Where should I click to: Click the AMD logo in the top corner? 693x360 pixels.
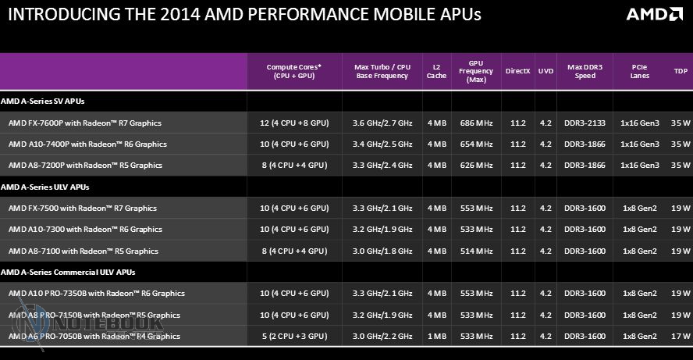pyautogui.click(x=655, y=14)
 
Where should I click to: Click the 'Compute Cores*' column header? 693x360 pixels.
pyautogui.click(x=293, y=71)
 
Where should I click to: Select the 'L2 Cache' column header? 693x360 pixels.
pyautogui.click(x=436, y=71)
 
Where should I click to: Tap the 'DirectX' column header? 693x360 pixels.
pyautogui.click(x=517, y=71)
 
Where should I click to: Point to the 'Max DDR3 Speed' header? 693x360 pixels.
pyautogui.click(x=585, y=71)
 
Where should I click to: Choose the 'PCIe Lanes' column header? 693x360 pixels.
pyautogui.click(x=639, y=71)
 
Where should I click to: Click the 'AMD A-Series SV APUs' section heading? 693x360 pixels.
pyautogui.click(x=43, y=102)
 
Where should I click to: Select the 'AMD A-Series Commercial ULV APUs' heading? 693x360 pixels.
pyautogui.click(x=68, y=272)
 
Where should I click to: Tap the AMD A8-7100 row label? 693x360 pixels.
pyautogui.click(x=83, y=251)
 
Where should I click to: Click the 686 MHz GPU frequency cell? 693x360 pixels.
pyautogui.click(x=477, y=123)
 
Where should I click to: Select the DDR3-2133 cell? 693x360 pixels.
pyautogui.click(x=585, y=123)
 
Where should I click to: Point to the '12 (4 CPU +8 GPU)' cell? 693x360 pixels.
pyautogui.click(x=295, y=123)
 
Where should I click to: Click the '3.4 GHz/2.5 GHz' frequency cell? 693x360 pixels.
pyautogui.click(x=382, y=144)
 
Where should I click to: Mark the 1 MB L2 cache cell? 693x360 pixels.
pyautogui.click(x=436, y=336)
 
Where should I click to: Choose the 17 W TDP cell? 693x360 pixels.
pyautogui.click(x=681, y=336)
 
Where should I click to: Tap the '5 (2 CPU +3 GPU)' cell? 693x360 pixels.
pyautogui.click(x=295, y=336)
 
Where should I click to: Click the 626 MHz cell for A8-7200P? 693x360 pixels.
pyautogui.click(x=477, y=166)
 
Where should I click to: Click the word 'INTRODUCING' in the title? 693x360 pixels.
pyautogui.click(x=52, y=14)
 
